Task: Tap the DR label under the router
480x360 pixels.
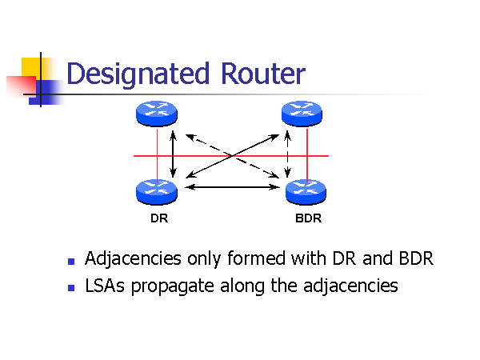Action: (158, 218)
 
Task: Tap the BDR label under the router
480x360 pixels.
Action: (308, 218)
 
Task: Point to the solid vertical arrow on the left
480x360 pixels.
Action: (173, 152)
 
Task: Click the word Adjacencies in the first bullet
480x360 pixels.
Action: (133, 260)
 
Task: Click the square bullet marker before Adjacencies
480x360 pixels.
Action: (71, 262)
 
